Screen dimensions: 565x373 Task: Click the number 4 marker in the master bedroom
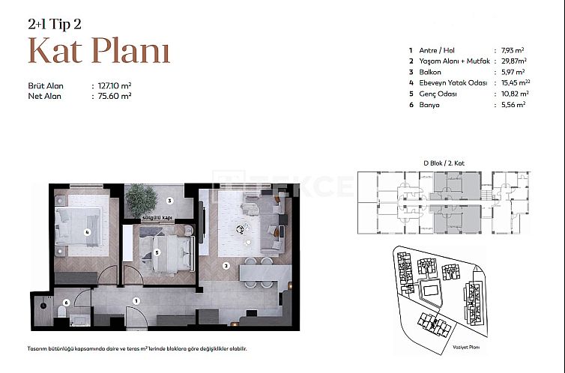pyautogui.click(x=87, y=232)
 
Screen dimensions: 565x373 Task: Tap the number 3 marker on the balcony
pyautogui.click(x=169, y=201)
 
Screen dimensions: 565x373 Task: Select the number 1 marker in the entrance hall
pyautogui.click(x=136, y=301)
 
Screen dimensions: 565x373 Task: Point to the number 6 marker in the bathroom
pyautogui.click(x=66, y=303)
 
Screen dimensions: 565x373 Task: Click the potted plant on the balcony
pyautogui.click(x=141, y=200)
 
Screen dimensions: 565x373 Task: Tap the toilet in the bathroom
pyautogui.click(x=61, y=312)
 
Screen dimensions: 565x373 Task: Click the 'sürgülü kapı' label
pyautogui.click(x=157, y=218)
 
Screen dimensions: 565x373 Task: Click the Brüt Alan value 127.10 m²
pyautogui.click(x=115, y=85)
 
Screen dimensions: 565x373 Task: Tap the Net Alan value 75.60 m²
pyautogui.click(x=115, y=96)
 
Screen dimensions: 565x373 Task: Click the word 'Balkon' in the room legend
pyautogui.click(x=430, y=72)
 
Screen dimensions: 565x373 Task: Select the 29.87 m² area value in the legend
pyautogui.click(x=514, y=61)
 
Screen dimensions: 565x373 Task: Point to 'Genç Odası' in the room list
pyautogui.click(x=438, y=94)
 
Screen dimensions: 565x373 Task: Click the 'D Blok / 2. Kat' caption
pyautogui.click(x=444, y=163)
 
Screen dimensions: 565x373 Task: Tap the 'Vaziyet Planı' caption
pyautogui.click(x=466, y=348)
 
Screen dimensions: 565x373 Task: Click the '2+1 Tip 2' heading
pyautogui.click(x=55, y=24)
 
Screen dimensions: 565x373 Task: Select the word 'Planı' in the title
pyautogui.click(x=130, y=50)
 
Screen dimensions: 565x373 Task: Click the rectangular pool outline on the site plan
pyautogui.click(x=430, y=291)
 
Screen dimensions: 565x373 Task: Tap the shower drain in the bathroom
pyautogui.click(x=43, y=306)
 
